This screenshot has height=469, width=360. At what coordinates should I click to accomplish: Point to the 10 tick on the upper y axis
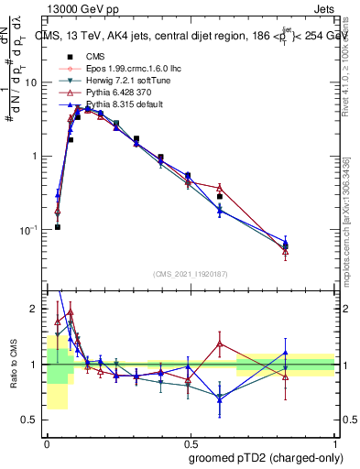(x=34, y=82)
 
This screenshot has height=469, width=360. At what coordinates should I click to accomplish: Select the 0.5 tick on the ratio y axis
(x=33, y=420)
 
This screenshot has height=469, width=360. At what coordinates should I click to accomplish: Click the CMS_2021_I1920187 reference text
(x=191, y=272)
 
